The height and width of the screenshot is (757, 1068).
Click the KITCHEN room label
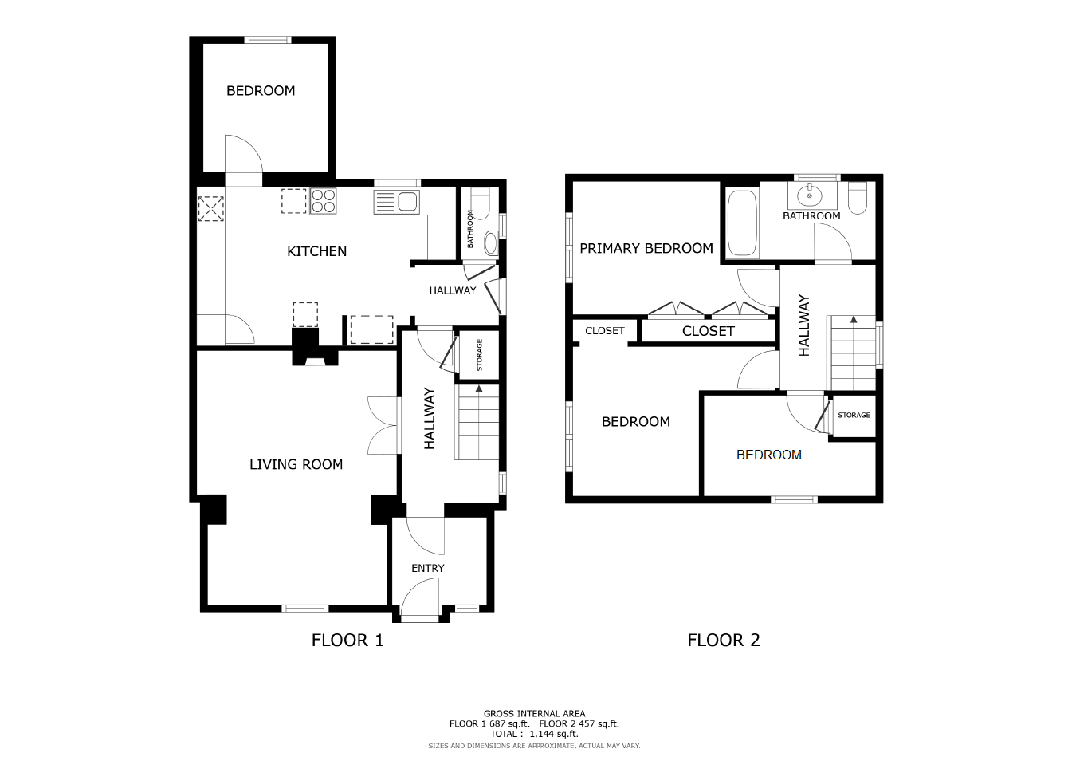[x=316, y=251]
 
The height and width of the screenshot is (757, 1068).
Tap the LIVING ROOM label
[x=296, y=464]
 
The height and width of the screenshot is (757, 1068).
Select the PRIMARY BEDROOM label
[x=646, y=248]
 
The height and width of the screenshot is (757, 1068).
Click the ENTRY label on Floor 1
[x=428, y=568]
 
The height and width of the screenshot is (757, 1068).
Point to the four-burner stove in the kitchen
[x=324, y=200]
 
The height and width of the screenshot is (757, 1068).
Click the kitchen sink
[x=397, y=202]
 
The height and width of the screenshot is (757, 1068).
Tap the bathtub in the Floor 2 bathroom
[x=742, y=223]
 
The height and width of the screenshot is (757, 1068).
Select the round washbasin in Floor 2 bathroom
[x=809, y=195]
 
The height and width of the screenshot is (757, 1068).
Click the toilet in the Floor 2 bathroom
[x=858, y=198]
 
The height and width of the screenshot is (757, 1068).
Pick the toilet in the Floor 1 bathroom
[x=480, y=203]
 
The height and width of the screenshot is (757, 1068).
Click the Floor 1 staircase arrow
[x=479, y=389]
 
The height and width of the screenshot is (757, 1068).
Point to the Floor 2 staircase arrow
[x=854, y=319]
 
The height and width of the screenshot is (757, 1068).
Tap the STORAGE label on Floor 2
[x=854, y=416]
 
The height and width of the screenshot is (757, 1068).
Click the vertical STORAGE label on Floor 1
[x=480, y=355]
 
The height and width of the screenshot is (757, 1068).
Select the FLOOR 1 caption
[x=347, y=640]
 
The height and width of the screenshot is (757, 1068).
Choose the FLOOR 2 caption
[x=724, y=640]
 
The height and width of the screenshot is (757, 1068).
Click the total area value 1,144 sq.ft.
[x=554, y=734]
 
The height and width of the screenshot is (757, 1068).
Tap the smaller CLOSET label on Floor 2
[x=605, y=331]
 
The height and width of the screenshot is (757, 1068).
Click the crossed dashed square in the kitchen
[x=210, y=208]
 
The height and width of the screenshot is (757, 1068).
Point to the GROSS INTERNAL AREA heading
[x=535, y=714]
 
